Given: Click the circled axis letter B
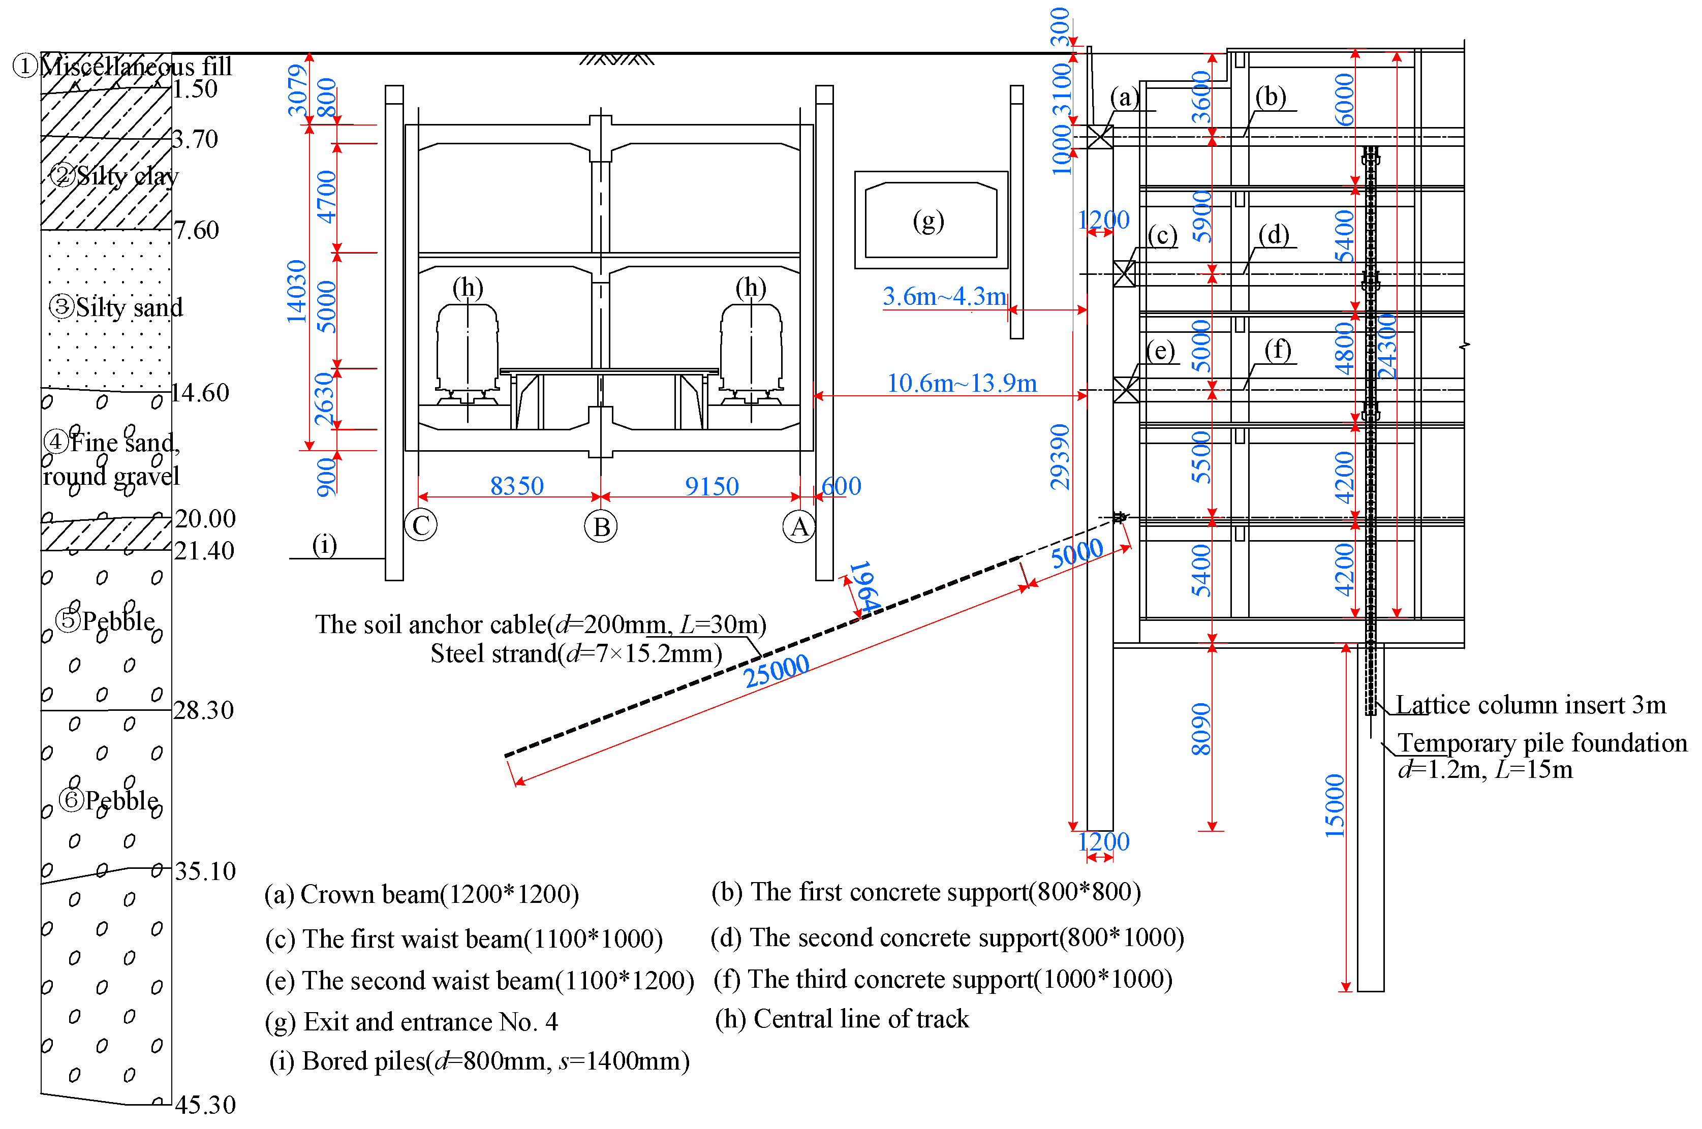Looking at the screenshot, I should tap(601, 526).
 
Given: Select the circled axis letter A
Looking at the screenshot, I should tap(798, 527).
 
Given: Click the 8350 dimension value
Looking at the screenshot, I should tap(516, 486).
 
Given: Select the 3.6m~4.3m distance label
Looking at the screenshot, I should tap(944, 296).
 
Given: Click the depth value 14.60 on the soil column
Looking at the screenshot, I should tap(200, 392).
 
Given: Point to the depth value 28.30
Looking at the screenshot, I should tap(204, 710).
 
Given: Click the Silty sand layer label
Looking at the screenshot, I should tap(117, 307).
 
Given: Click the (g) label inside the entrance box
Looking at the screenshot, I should tap(928, 221).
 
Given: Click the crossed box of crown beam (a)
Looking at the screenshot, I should tap(1099, 137).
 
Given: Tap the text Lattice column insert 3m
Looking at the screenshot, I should tap(1530, 704).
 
